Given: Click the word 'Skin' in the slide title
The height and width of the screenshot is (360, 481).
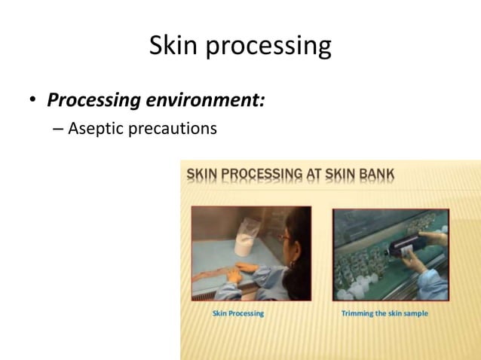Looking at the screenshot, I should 173,46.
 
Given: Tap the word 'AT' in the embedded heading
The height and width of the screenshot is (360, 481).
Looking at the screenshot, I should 336,175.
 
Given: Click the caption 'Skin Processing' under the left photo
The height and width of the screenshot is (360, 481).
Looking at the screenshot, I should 238,313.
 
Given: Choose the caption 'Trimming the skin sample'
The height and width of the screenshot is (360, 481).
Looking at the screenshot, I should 384,313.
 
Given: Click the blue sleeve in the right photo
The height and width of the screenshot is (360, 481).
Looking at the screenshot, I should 434,279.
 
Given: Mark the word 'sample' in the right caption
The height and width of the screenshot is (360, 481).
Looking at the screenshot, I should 415,313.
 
